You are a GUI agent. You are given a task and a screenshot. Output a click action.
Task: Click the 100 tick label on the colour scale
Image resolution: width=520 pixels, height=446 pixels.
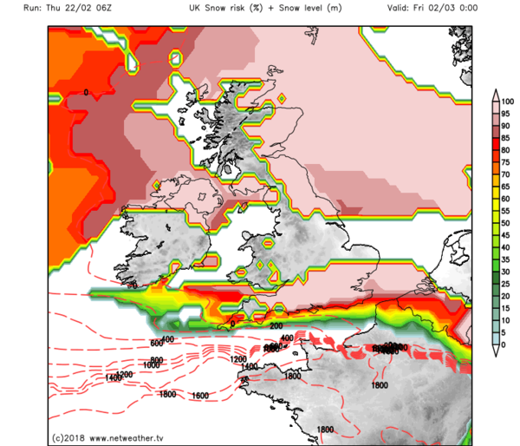(509, 101)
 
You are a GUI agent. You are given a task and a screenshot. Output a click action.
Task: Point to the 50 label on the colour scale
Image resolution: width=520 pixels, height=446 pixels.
(507, 223)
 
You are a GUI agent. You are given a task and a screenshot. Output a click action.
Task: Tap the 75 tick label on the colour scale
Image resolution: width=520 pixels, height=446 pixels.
(507, 161)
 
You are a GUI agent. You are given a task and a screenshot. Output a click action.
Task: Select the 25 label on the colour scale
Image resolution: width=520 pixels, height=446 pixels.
(507, 284)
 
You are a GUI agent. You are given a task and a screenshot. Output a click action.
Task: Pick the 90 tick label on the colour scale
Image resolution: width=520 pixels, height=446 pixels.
(507, 125)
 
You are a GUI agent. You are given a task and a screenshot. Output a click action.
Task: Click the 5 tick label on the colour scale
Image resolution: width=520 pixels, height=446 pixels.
(505, 332)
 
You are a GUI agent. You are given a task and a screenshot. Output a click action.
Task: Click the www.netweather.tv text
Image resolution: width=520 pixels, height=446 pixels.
(134, 436)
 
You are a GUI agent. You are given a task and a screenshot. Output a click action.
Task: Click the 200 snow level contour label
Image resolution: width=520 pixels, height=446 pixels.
(277, 325)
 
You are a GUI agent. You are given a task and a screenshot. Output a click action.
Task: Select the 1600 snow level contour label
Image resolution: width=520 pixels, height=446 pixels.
(200, 396)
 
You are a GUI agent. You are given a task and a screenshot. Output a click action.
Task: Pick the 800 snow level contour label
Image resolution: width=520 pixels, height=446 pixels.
(156, 359)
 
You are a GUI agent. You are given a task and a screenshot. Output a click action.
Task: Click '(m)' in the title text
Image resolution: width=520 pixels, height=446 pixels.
(343, 7)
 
